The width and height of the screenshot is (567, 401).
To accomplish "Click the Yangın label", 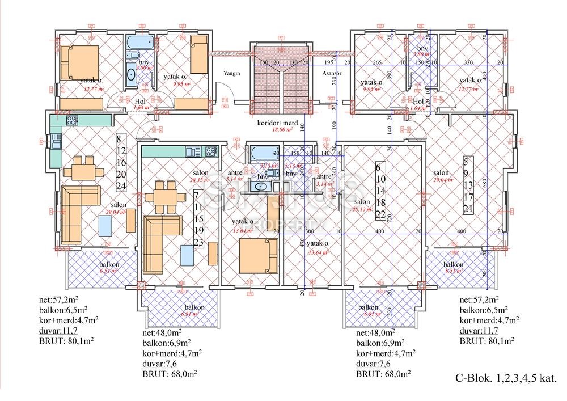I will [231, 73].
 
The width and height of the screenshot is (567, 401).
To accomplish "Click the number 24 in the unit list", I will [120, 187].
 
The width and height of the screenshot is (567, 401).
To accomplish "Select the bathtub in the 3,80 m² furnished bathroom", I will [138, 43].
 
